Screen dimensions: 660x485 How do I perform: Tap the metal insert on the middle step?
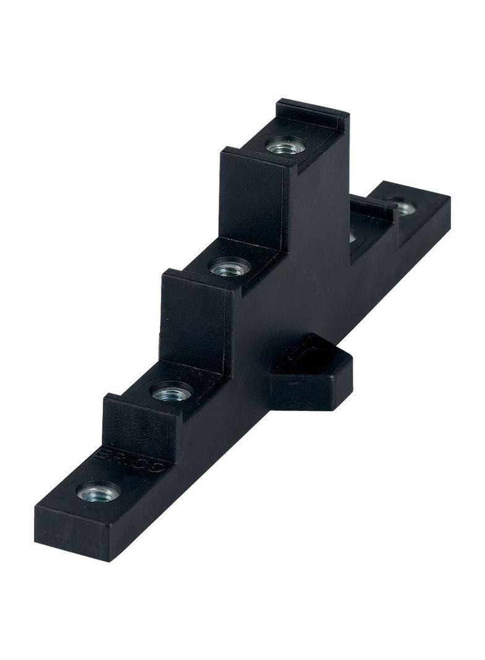click(230, 268)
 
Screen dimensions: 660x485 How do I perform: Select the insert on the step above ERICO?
click(173, 391)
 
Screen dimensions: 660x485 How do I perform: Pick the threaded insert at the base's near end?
click(98, 492)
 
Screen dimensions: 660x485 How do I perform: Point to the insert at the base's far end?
click(403, 207)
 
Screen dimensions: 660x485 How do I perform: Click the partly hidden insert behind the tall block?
click(352, 235)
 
